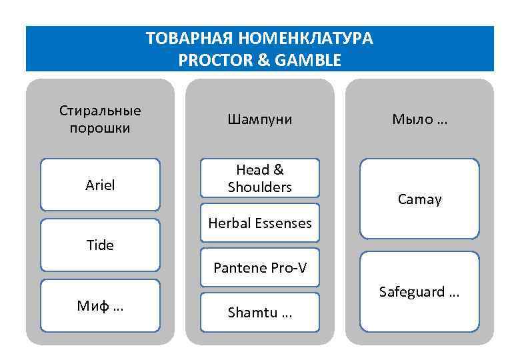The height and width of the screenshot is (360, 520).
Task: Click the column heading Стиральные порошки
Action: click(x=100, y=119)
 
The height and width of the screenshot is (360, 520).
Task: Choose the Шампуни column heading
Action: click(x=259, y=119)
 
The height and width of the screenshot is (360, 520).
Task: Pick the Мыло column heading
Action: click(x=419, y=119)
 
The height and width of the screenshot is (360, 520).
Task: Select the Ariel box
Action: click(x=100, y=185)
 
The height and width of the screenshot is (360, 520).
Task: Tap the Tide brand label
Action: click(x=100, y=245)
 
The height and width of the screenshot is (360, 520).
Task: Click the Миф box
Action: click(x=100, y=306)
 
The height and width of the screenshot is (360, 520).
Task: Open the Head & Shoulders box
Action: click(x=259, y=179)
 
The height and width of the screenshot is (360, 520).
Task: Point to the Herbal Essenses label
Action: click(x=259, y=223)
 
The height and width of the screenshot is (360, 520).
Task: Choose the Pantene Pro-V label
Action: click(x=259, y=268)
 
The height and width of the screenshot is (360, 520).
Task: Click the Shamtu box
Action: click(x=259, y=313)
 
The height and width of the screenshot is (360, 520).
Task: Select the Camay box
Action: click(x=419, y=199)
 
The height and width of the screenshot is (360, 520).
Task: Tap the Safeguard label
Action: click(x=419, y=292)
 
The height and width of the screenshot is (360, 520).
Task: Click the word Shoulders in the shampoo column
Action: click(x=259, y=187)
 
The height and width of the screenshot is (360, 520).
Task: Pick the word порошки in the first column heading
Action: click(x=100, y=127)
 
